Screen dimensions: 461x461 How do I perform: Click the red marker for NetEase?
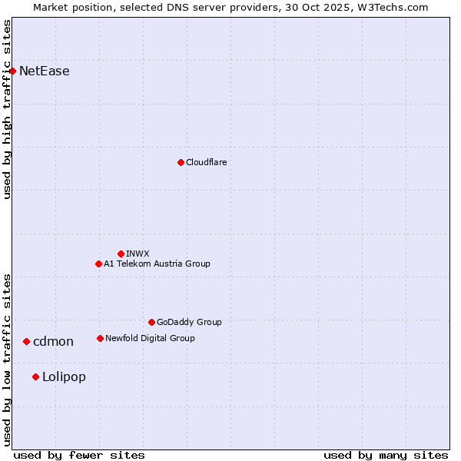click(x=12, y=71)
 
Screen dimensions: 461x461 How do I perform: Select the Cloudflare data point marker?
click(x=181, y=162)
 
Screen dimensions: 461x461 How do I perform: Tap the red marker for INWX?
click(x=121, y=254)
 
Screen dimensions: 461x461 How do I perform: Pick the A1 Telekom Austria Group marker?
click(x=98, y=264)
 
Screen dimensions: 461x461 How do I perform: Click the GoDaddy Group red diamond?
click(x=151, y=322)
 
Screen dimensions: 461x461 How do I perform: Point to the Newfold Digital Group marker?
click(x=100, y=338)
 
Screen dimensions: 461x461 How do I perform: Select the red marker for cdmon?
click(x=26, y=341)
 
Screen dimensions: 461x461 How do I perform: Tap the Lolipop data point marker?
click(x=35, y=376)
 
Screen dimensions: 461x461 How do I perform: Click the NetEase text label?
click(x=45, y=71)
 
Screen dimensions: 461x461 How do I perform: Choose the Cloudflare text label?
click(x=206, y=162)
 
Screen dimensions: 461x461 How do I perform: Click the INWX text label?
click(x=138, y=254)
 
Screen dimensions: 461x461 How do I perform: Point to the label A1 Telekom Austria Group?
click(x=157, y=264)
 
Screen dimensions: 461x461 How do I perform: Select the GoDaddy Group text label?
click(x=189, y=322)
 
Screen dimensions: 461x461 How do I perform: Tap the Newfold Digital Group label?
click(x=150, y=338)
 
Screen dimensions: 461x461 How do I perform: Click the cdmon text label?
click(x=53, y=342)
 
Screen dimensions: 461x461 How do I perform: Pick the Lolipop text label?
click(x=64, y=377)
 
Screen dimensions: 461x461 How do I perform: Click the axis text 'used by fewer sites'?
click(x=79, y=455)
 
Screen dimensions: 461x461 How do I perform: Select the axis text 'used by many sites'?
click(x=386, y=455)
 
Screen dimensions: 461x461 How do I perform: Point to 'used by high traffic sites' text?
click(x=8, y=109)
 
